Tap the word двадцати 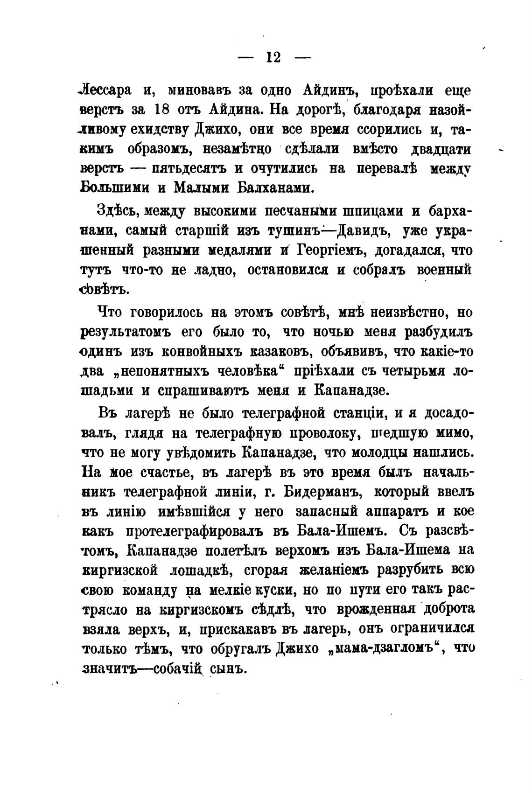point(441,149)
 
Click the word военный point(445,270)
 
